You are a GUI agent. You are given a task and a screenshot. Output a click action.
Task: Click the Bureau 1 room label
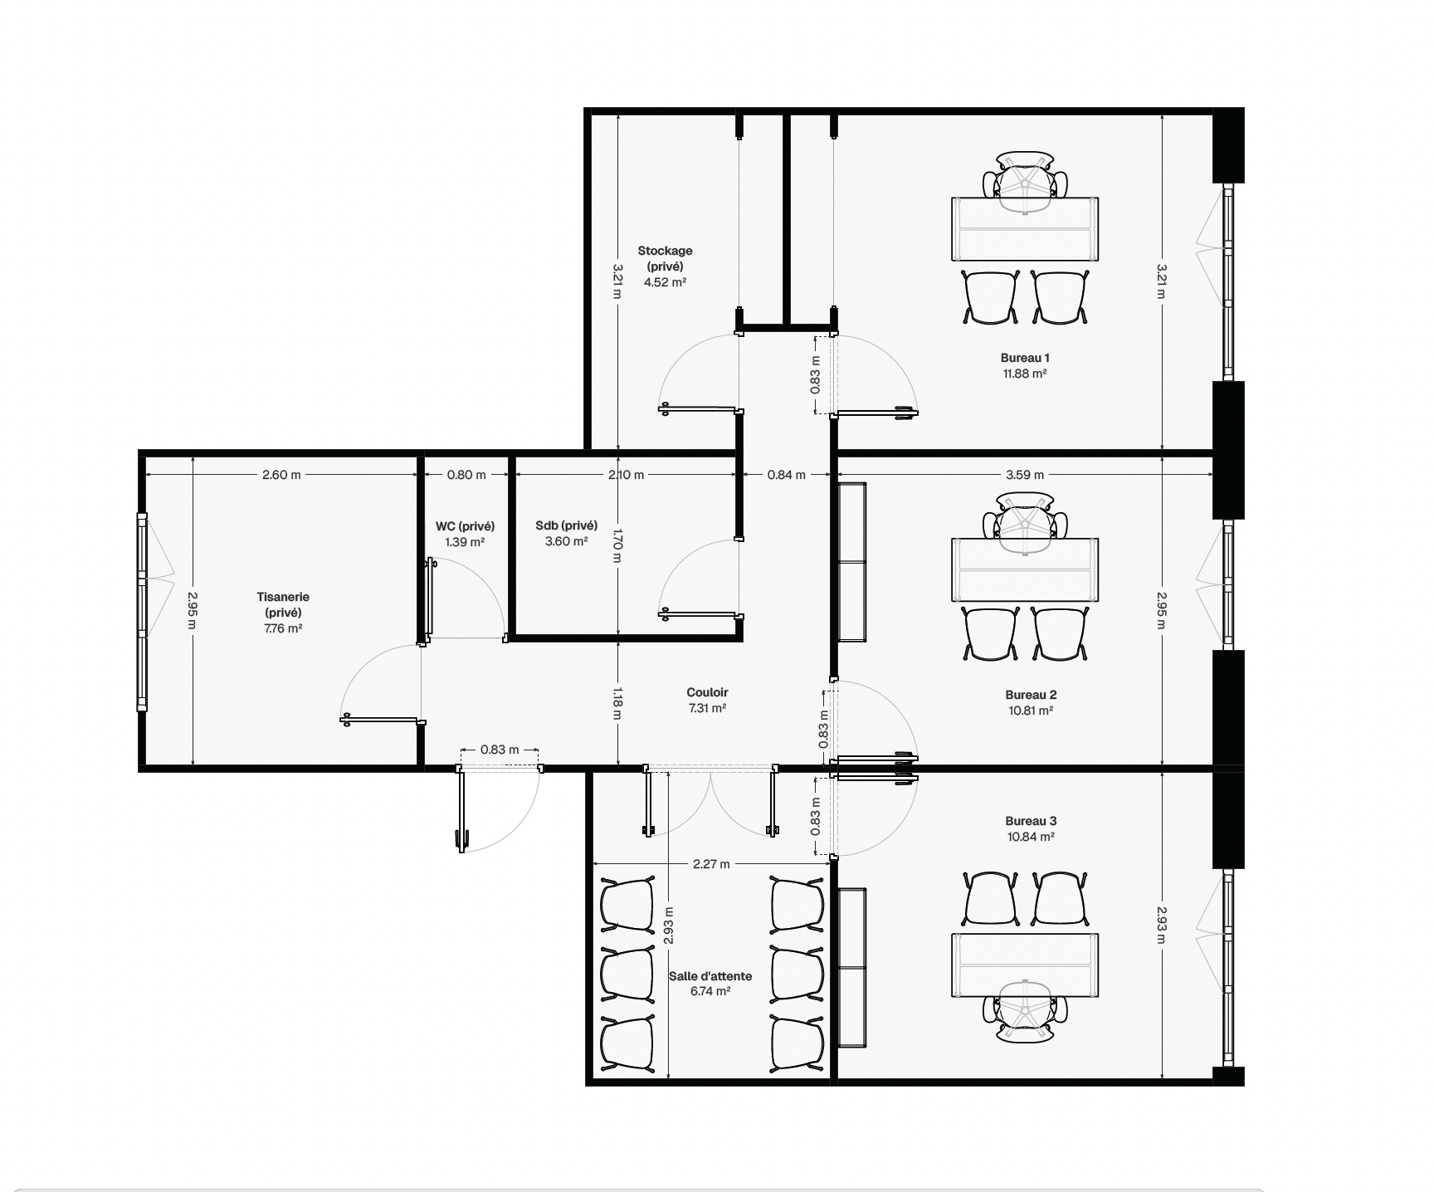[x=1025, y=358]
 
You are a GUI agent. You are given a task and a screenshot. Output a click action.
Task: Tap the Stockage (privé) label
[x=665, y=258]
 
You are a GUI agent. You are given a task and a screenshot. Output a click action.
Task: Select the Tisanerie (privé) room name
[x=283, y=604]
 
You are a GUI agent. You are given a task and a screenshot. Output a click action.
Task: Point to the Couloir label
[x=707, y=692]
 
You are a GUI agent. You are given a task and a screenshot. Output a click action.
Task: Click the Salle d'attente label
[x=710, y=976]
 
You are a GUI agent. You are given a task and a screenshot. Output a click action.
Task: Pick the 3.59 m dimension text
[x=1025, y=475]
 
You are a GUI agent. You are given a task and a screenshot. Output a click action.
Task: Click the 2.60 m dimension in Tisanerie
[x=281, y=475]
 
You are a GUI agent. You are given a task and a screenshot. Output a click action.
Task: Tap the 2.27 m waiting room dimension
[x=711, y=864]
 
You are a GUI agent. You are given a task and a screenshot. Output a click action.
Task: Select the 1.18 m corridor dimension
[x=617, y=702]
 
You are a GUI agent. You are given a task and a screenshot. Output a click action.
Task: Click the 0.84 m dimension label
[x=786, y=475]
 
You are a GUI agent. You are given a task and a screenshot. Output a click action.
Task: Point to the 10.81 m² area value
[x=1030, y=711]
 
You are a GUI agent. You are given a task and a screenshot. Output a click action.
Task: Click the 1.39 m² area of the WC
[x=465, y=542]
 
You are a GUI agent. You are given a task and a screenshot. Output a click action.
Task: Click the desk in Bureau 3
[x=1025, y=965]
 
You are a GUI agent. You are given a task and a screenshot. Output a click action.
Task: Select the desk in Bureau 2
[x=1025, y=569]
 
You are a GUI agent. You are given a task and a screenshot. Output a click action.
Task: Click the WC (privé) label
[x=465, y=526]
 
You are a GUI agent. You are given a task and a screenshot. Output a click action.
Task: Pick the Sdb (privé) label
[x=567, y=525]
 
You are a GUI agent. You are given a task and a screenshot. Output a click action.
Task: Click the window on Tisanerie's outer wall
[x=143, y=612]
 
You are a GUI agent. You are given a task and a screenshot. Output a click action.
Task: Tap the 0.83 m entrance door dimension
[x=500, y=750]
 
